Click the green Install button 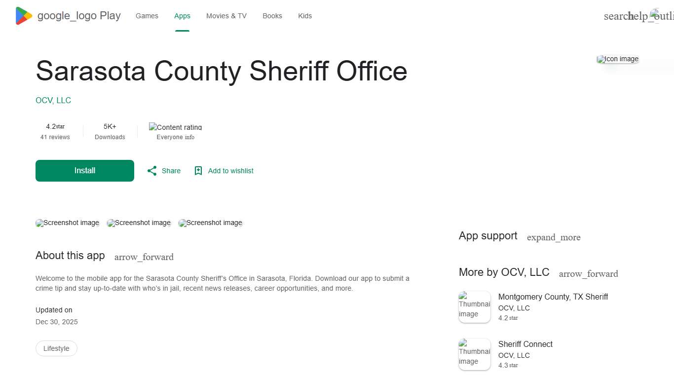coord(85,171)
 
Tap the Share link coord(164,171)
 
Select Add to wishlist coord(224,171)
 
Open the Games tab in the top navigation coord(147,16)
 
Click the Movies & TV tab coord(226,16)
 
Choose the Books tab coord(272,16)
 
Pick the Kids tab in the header coord(305,16)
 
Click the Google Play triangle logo coord(24,16)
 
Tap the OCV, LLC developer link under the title coord(53,100)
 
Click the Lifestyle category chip coord(56,348)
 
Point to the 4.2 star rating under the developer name coord(55,127)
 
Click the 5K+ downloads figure coord(110,127)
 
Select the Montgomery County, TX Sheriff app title coord(553,297)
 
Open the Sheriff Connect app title coord(525,344)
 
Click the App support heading coord(488,236)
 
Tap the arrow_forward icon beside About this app coord(144,257)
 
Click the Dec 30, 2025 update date coord(57,322)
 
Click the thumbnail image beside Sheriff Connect coord(475,354)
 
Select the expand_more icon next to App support coord(554,237)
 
